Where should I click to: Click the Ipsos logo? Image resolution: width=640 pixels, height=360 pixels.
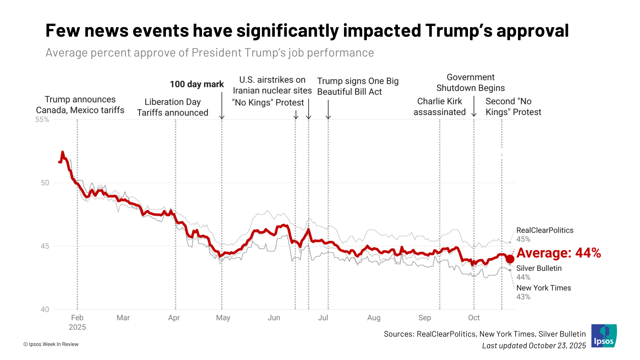coord(604,336)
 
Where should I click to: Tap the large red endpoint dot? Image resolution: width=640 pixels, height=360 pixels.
coord(510,259)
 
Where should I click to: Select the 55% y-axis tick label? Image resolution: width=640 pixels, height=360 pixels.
coord(42,120)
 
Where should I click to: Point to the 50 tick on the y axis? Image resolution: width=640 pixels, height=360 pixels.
coord(45,183)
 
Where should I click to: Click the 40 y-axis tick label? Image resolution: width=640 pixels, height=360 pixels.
coord(45,309)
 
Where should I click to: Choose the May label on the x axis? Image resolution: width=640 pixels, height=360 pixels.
coord(223,318)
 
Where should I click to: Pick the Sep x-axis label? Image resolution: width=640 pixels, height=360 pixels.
coord(424,318)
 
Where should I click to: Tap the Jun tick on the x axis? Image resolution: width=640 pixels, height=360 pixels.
coord(274,318)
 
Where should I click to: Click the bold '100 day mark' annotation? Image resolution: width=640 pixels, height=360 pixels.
coord(197,84)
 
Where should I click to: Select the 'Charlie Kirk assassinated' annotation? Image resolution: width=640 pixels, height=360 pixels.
coord(440,107)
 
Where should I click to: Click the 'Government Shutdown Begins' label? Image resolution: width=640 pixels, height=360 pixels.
coord(470,83)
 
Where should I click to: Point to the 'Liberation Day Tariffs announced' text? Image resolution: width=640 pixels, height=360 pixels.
coord(172,108)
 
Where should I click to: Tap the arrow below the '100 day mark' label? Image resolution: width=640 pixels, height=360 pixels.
coord(222,106)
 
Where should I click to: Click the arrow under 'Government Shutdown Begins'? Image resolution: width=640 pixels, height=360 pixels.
coord(474,106)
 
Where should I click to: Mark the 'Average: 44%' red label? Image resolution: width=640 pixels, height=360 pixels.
coord(558,253)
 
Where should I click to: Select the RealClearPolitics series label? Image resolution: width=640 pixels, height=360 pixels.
coord(545,230)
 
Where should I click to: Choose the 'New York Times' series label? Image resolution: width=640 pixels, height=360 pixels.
coord(544,288)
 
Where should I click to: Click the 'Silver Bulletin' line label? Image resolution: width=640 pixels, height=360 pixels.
coord(539,268)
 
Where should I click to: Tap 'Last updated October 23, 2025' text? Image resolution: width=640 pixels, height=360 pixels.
coord(534,346)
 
